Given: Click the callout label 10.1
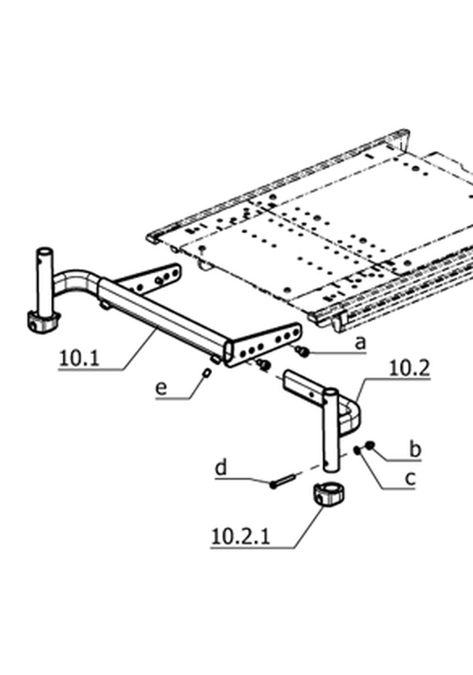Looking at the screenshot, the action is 79,358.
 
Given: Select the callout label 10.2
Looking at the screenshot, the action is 409,368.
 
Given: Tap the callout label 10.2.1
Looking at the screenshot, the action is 241,537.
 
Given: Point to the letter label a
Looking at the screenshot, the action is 360,343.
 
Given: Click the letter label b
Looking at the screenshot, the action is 415,449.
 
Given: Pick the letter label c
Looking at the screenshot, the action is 411,479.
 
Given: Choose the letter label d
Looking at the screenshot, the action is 221,467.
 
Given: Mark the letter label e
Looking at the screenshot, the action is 161,388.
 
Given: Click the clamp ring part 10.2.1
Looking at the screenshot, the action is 328,497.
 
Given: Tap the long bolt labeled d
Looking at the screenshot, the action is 283,480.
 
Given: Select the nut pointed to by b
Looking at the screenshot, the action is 370,445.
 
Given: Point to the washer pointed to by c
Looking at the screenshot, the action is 358,451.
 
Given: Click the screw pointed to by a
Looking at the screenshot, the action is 303,351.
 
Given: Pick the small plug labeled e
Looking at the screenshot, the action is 207,372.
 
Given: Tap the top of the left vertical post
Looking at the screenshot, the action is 44,251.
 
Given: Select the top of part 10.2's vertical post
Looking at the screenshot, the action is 331,392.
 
